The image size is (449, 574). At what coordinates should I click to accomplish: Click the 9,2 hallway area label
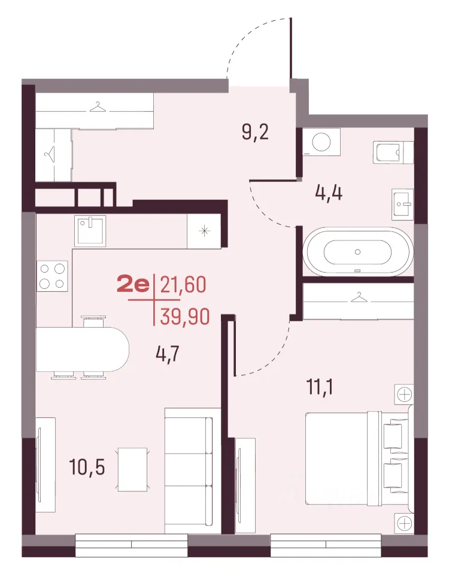coord(255,133)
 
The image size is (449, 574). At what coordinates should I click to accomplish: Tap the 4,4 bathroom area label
coord(329,193)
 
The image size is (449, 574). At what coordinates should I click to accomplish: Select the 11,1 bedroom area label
coord(320,387)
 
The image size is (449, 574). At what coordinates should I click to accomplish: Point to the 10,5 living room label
coord(87,467)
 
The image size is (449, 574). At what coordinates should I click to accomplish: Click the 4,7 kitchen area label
coord(168,354)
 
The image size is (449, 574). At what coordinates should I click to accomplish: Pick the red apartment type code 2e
coord(133,285)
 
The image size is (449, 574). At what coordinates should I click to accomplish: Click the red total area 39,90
coord(185,317)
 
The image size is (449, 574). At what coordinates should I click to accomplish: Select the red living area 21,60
coord(183,285)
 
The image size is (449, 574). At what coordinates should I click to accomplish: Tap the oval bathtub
coord(357,252)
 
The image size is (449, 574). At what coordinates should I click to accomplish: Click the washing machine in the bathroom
coord(321,141)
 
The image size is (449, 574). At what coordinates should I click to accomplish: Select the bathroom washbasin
coord(402,204)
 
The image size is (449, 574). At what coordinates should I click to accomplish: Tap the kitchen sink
coord(90,231)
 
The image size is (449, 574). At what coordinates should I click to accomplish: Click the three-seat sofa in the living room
coord(189,471)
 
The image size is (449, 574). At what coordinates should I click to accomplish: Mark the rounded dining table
coord(83,349)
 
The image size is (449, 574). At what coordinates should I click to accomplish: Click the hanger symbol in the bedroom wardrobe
coord(358,297)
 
